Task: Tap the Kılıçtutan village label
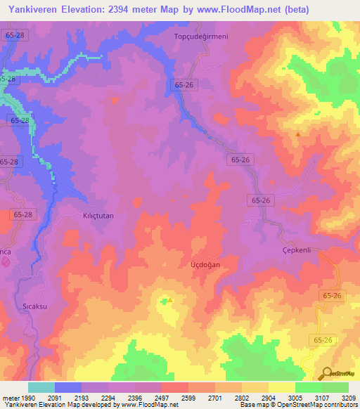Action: tap(98, 216)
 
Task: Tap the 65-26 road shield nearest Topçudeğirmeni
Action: tap(181, 84)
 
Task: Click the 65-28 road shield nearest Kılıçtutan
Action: tap(23, 214)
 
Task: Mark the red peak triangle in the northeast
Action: tap(298, 134)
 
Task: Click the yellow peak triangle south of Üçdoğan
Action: tap(170, 299)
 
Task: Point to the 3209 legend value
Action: tap(349, 397)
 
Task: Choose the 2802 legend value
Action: tap(242, 397)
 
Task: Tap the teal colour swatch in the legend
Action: tap(41, 387)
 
